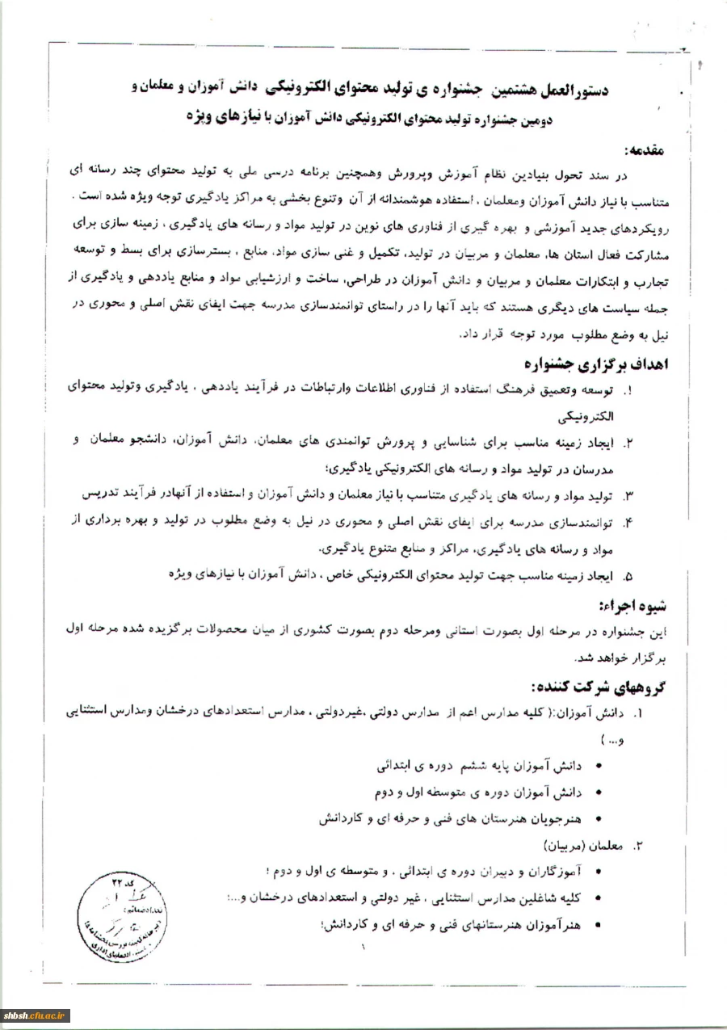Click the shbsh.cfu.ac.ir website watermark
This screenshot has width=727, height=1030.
pyautogui.click(x=36, y=1015)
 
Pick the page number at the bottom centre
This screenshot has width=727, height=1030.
pyautogui.click(x=363, y=948)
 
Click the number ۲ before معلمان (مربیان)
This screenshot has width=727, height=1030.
pyautogui.click(x=637, y=845)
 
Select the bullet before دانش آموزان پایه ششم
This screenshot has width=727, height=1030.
pyautogui.click(x=598, y=764)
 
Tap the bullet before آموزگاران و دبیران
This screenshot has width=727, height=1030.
pyautogui.click(x=598, y=872)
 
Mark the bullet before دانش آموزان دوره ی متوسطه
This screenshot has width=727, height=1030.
pyautogui.click(x=598, y=792)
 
